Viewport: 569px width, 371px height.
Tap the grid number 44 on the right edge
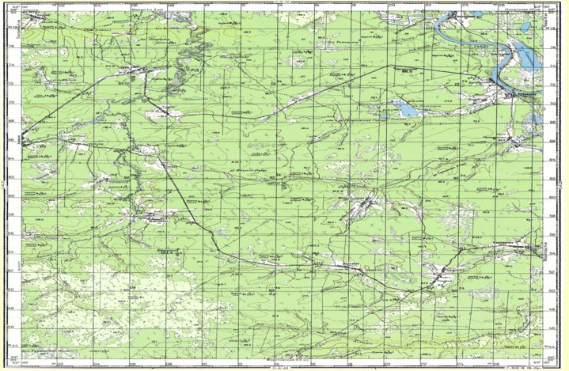tap(552, 346)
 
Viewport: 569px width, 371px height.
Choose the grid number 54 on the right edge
tap(552, 253)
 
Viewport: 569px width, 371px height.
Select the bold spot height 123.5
tap(165, 252)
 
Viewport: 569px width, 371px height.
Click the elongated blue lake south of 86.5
tap(407, 109)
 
